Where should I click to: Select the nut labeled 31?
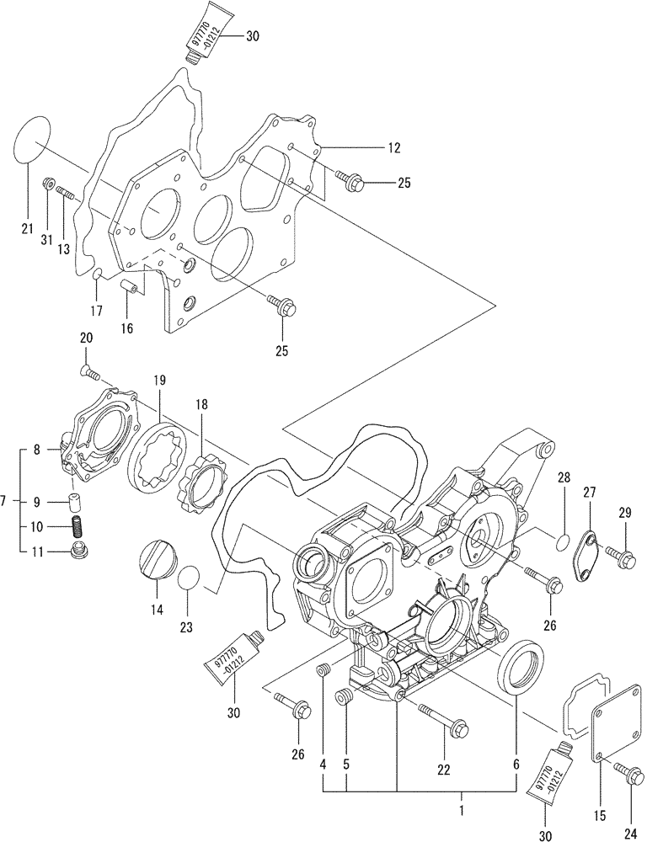pyautogui.click(x=49, y=183)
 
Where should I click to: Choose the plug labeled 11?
pyautogui.click(x=81, y=552)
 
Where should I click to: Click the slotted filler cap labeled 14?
pyautogui.click(x=157, y=563)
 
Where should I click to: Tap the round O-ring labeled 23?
pyautogui.click(x=190, y=582)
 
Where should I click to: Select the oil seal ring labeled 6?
pyautogui.click(x=520, y=664)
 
